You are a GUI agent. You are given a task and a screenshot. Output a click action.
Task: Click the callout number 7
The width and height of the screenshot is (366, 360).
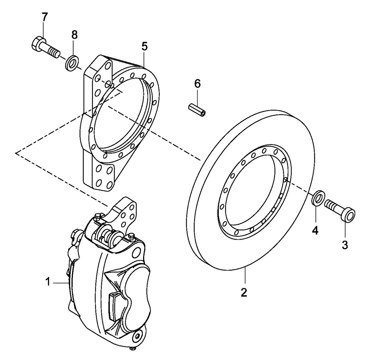click(x=44, y=17)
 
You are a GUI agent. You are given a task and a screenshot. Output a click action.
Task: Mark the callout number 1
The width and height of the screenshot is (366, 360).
click(x=47, y=282)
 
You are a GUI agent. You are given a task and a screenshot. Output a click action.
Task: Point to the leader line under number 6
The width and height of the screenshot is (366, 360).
click(x=198, y=97)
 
